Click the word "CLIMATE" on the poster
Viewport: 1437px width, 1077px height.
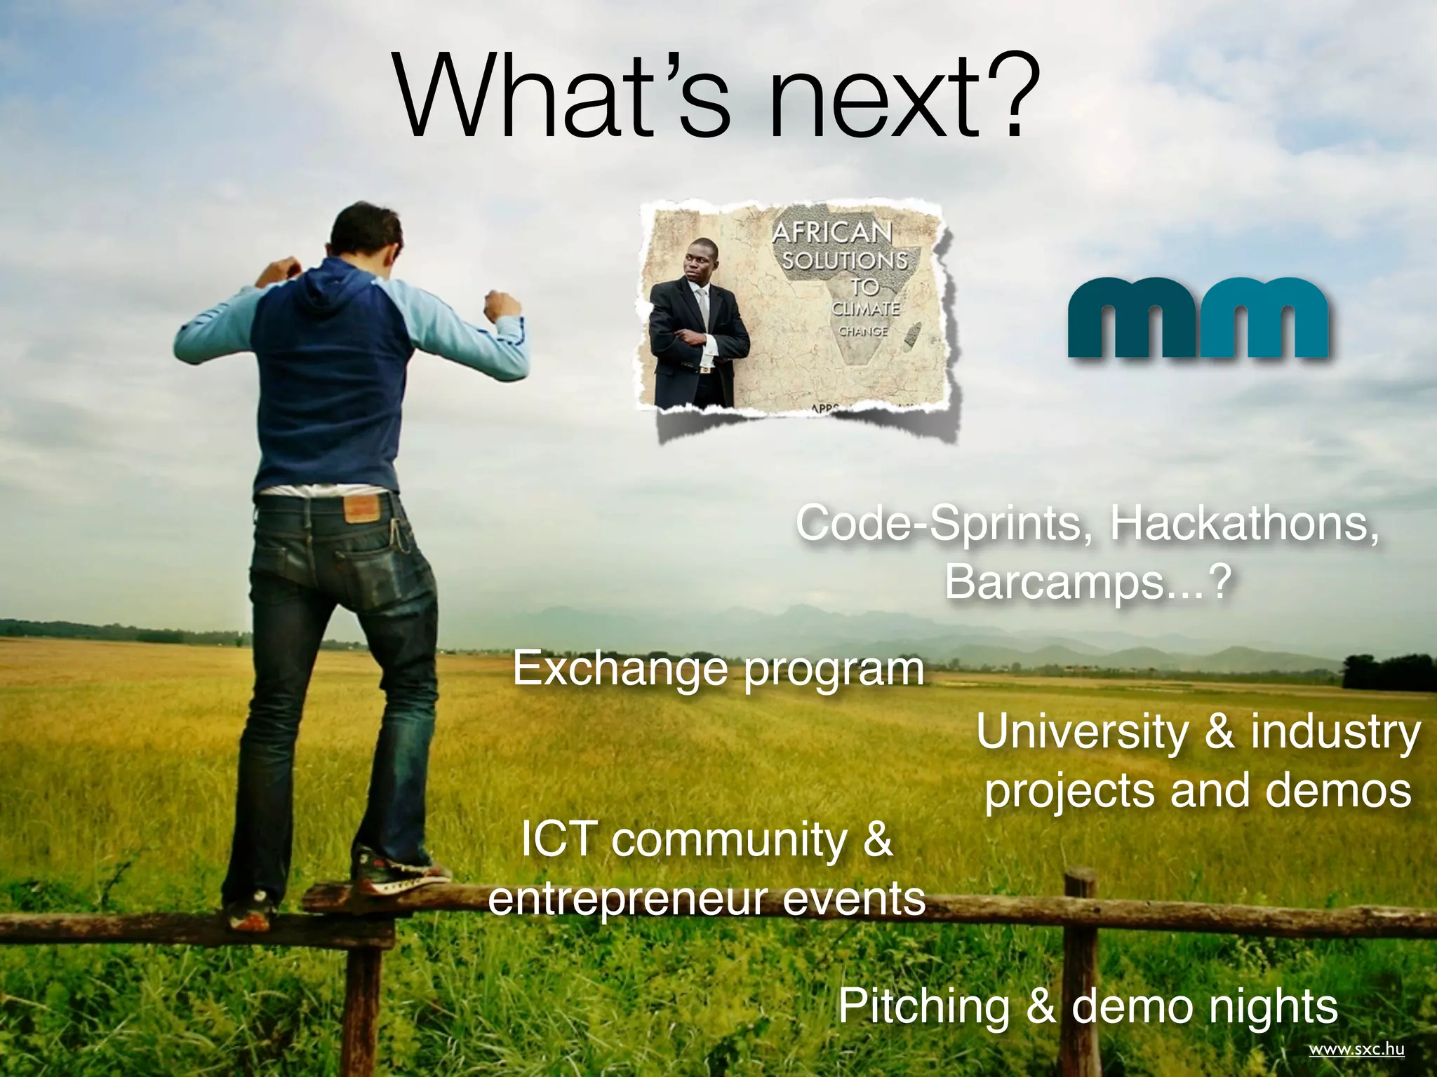click(865, 309)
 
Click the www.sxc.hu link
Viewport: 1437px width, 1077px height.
click(1356, 1050)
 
